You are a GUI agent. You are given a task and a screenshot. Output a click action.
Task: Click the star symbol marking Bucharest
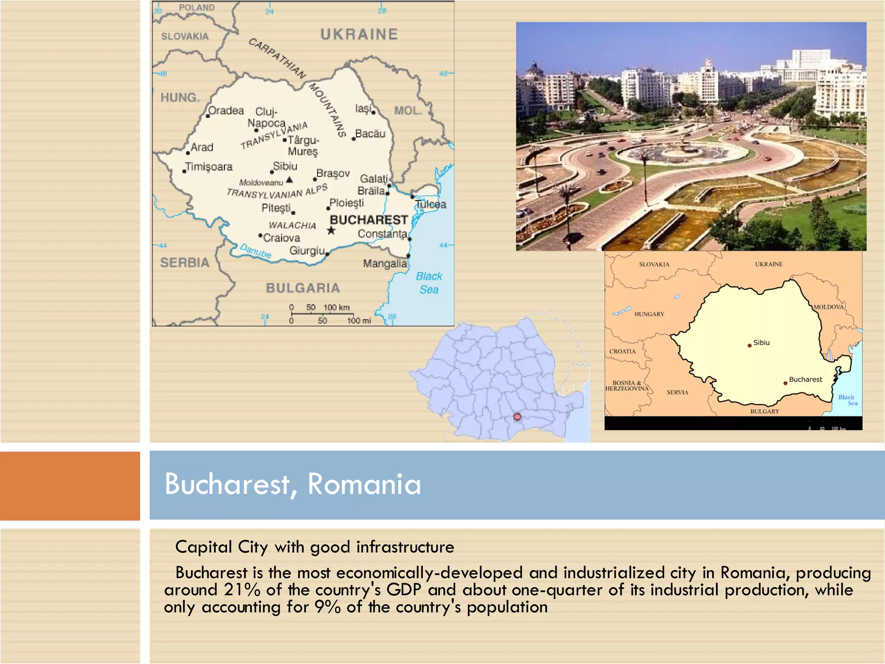331,230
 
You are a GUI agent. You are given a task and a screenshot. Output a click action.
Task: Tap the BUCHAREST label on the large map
369,220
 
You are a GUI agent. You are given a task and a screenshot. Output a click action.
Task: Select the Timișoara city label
209,167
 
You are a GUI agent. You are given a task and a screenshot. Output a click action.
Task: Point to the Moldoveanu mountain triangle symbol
290,180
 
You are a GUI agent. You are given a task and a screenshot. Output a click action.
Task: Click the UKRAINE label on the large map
359,35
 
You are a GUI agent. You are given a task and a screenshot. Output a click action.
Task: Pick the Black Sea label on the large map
429,283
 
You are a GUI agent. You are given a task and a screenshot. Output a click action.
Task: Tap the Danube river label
255,251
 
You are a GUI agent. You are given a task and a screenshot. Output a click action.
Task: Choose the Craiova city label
281,238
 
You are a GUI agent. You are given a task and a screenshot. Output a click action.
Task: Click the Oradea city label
226,111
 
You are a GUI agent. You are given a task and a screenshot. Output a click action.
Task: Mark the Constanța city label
382,234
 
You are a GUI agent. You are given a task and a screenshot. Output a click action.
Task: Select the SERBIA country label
185,262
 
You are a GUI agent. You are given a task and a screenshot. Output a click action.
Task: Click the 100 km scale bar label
336,307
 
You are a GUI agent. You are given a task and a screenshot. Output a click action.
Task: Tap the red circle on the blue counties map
517,417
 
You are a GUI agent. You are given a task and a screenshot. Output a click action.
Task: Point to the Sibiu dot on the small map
749,345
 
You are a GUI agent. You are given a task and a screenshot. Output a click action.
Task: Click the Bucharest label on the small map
805,379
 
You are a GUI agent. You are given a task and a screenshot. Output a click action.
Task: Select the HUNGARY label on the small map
649,314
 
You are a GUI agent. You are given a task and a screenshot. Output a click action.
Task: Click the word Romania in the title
364,484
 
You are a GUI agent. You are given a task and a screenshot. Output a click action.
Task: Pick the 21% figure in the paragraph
242,590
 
